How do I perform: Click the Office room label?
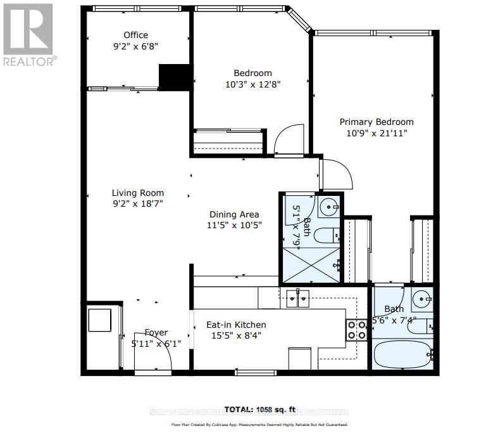click(x=135, y=35)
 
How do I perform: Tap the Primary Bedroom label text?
click(x=377, y=122)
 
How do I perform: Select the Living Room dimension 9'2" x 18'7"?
click(x=137, y=204)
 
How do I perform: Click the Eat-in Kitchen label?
click(x=236, y=325)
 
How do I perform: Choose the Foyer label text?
click(x=156, y=332)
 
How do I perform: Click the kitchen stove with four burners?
click(x=356, y=330)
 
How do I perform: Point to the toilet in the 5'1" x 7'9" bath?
click(x=327, y=235)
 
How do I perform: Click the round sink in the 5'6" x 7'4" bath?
click(x=421, y=299)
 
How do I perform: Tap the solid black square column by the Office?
click(x=174, y=77)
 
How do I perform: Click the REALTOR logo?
click(x=28, y=35)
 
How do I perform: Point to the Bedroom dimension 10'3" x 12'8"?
click(x=252, y=84)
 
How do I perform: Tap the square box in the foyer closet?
click(x=100, y=320)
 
